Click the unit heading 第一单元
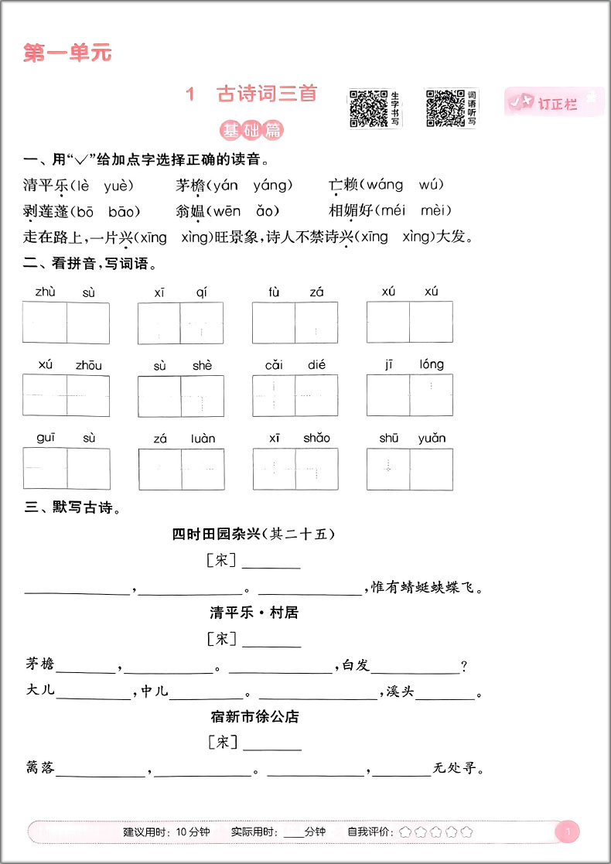coord(68,53)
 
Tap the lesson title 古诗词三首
coord(267,94)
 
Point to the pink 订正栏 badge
coord(551,103)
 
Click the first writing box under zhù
coord(45,323)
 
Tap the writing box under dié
coord(316,395)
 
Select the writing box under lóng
coord(431,395)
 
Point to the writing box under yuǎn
coord(431,469)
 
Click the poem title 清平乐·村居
coord(254,613)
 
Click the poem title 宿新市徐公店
coord(254,716)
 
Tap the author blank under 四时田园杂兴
coord(271,562)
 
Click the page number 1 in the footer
coord(568,832)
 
